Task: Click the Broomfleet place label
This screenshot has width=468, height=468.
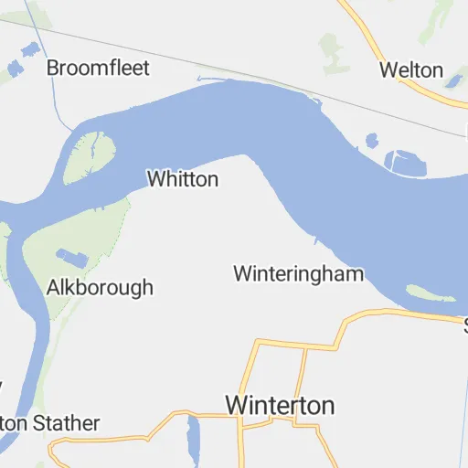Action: (x=98, y=68)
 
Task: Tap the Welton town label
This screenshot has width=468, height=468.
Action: (x=411, y=70)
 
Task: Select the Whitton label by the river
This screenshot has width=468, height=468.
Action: (x=183, y=179)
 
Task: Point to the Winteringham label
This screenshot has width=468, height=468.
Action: (x=298, y=273)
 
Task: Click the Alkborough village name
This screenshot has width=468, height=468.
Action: (x=100, y=288)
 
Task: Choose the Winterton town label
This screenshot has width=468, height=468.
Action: (x=280, y=405)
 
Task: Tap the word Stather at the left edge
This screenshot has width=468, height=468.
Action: (x=67, y=424)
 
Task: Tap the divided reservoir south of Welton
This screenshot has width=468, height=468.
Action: (x=405, y=162)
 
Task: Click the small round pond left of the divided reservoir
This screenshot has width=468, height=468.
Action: (x=371, y=141)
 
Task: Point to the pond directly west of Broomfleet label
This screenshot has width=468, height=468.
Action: (x=15, y=69)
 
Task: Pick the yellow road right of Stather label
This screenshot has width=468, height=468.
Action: (x=137, y=426)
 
